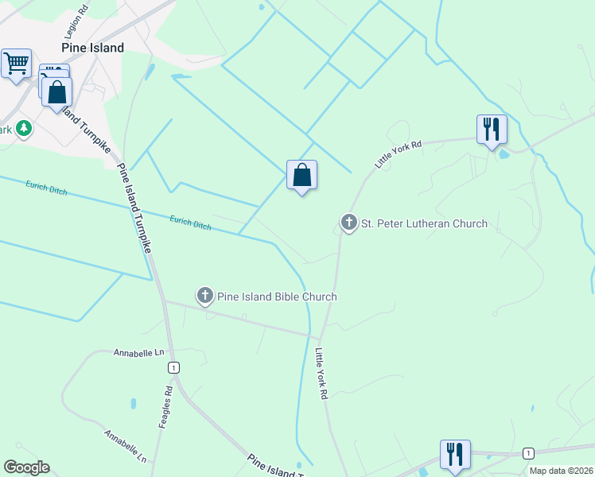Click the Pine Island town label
94,48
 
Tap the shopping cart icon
16,63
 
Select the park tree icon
24,127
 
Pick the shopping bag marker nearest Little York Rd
301,175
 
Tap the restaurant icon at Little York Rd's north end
492,129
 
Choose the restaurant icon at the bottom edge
455,454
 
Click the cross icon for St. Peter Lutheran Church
348,223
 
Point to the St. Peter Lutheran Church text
424,223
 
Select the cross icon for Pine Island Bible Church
204,297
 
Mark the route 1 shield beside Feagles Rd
173,367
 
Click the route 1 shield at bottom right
527,452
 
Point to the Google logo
26,467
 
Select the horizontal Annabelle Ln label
138,352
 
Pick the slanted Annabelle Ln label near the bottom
126,446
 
